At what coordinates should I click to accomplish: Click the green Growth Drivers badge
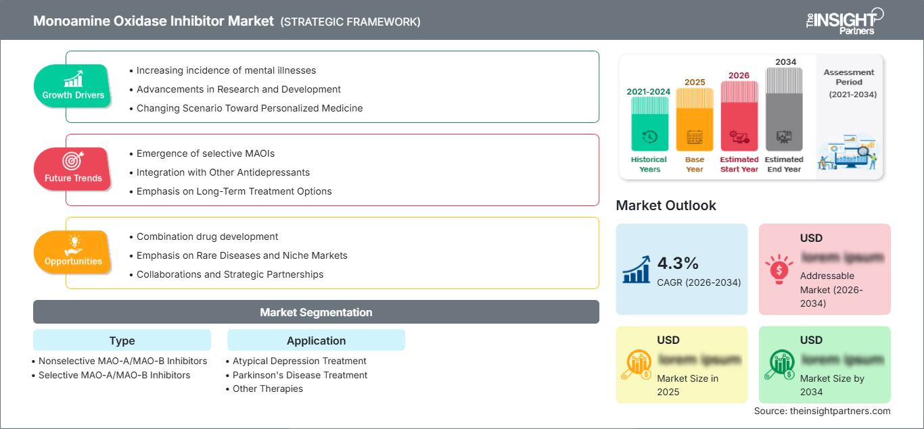(73, 86)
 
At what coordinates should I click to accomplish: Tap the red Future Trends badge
(73, 170)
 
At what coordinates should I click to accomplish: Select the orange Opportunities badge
(73, 253)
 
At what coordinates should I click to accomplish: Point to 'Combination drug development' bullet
(207, 236)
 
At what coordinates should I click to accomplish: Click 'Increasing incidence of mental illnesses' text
(226, 70)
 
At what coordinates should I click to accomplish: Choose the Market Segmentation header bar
(316, 312)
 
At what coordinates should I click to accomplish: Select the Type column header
(122, 340)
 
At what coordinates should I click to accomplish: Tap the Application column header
(316, 340)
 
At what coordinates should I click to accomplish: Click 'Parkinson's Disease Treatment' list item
(300, 375)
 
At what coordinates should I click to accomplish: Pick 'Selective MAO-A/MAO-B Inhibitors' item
(114, 375)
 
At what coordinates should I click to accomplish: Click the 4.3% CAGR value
(678, 263)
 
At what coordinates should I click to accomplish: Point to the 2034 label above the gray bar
(785, 62)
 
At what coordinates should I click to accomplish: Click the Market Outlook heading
(666, 205)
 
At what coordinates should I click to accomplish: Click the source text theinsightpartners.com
(822, 411)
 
